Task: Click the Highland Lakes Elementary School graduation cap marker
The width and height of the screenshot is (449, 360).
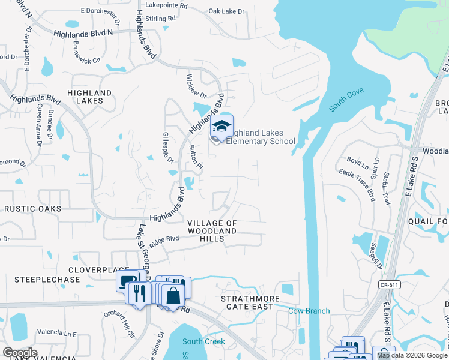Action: (x=221, y=127)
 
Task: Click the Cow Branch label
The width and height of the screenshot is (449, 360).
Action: (x=309, y=311)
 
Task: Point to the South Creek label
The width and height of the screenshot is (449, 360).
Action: (x=203, y=341)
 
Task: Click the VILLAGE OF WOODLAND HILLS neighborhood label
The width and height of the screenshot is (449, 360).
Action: (x=212, y=231)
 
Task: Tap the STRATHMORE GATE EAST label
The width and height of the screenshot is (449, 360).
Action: (x=247, y=302)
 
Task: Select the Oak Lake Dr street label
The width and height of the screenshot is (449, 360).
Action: (x=227, y=11)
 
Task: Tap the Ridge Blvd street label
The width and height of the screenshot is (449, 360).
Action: (x=165, y=241)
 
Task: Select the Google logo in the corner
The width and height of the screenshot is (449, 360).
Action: (x=20, y=353)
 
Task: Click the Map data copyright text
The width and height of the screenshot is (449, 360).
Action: (x=412, y=356)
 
